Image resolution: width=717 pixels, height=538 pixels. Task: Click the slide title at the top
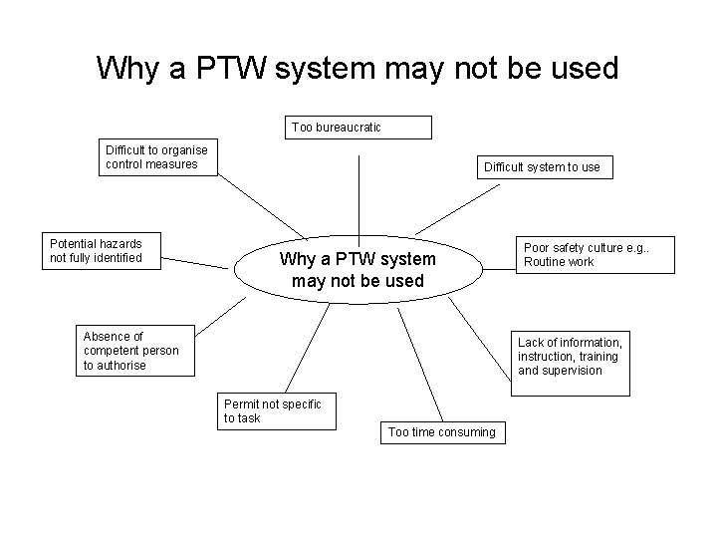(x=358, y=69)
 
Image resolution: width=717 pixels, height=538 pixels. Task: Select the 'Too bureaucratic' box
(x=360, y=128)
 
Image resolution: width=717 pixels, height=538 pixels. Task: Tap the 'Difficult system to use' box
(x=543, y=166)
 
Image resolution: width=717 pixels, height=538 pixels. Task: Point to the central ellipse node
(x=358, y=270)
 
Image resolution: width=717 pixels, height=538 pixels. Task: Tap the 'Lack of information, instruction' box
(x=570, y=357)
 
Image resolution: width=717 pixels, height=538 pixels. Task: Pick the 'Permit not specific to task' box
(x=272, y=410)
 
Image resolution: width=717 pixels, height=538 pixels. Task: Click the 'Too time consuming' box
(x=441, y=432)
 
